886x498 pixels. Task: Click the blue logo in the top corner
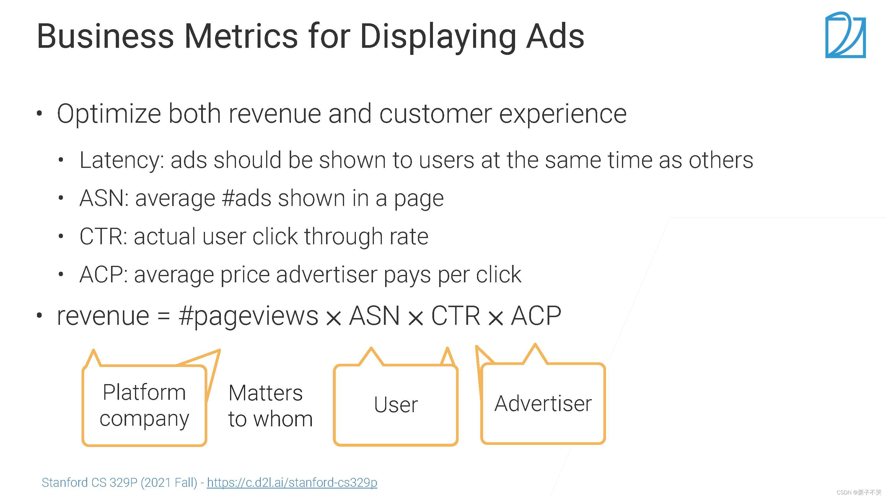[x=846, y=35]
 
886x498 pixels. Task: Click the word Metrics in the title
[x=241, y=36]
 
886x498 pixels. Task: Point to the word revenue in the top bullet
[x=274, y=114]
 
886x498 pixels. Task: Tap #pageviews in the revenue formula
[x=248, y=317]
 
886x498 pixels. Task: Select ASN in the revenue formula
[x=374, y=315]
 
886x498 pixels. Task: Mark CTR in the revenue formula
[x=456, y=315]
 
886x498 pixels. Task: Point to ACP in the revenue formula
[x=536, y=315]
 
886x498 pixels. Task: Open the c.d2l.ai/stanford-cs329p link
[x=292, y=483]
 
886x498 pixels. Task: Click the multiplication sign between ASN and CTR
[x=416, y=318]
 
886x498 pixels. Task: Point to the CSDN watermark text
[x=859, y=492]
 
